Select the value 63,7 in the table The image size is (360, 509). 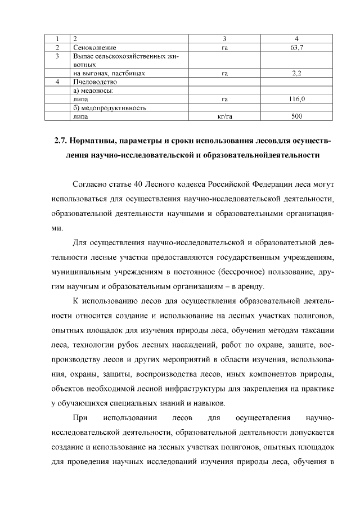(296, 48)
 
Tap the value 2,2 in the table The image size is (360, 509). (296, 73)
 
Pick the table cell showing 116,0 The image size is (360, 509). (296, 99)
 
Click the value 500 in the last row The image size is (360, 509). (296, 116)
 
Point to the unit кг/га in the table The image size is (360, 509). (224, 116)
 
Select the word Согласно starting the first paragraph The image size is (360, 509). (91, 184)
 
